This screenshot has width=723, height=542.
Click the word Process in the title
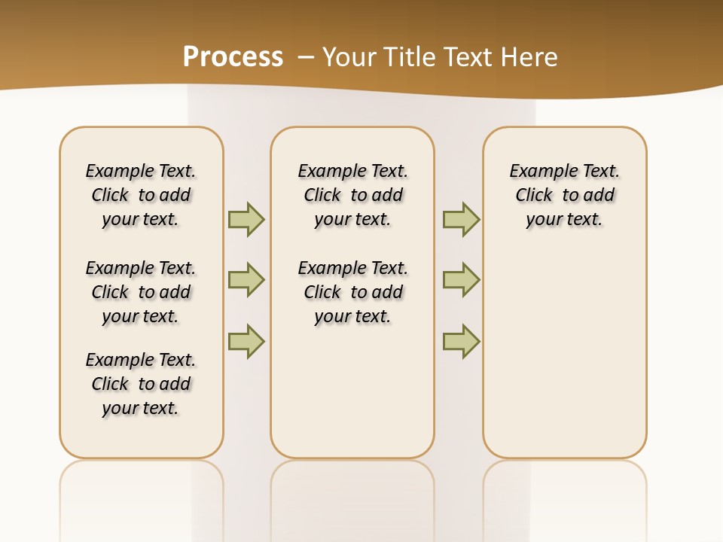pos(233,56)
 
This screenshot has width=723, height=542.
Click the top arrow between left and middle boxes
pos(246,219)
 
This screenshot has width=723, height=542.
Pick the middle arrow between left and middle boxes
pos(246,280)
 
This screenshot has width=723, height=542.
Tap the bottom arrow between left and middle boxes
pos(246,341)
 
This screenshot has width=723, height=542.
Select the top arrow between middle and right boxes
pos(461,219)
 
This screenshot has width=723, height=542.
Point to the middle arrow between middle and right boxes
pos(461,280)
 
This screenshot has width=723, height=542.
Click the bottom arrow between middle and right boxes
pos(461,341)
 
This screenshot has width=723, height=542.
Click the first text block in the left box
pos(141,195)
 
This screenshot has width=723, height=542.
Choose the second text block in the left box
pos(141,292)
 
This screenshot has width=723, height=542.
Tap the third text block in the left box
pos(141,384)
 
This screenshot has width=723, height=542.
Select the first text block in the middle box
pos(353,195)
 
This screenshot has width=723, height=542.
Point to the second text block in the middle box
pos(353,292)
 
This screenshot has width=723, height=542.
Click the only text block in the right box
pos(565,195)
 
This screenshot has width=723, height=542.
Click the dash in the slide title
pos(306,56)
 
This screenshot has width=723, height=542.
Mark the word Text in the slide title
pos(465,56)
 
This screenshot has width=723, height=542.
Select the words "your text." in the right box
pos(565,219)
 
